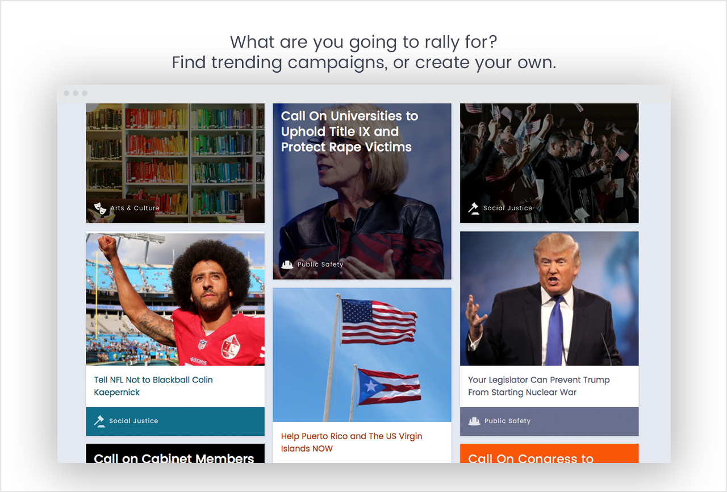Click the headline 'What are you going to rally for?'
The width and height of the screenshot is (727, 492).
coord(363,42)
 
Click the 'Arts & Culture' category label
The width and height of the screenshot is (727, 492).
coord(135,208)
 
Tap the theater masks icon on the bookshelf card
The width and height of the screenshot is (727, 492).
coord(100,209)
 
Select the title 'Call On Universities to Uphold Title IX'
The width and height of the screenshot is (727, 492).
coord(349,131)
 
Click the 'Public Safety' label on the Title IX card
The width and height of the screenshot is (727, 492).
coord(320,264)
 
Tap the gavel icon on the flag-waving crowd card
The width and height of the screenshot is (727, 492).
coord(474,208)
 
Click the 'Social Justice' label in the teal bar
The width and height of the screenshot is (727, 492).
coord(133,421)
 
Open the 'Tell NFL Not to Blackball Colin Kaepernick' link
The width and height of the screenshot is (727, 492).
coord(153,386)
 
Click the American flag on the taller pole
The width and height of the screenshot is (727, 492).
coord(378,322)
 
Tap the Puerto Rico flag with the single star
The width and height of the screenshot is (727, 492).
coord(388,387)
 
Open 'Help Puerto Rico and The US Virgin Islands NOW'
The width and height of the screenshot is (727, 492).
coord(352,442)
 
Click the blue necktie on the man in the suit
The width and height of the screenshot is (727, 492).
coord(554,330)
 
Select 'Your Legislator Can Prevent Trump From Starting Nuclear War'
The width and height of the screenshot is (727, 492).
coord(538,386)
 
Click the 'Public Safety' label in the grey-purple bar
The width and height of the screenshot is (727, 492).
coord(507,421)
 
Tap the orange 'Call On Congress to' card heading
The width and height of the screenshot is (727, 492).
coord(530,458)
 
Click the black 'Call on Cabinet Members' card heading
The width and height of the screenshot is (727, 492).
coord(174,457)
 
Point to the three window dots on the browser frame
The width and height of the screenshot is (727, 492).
coord(76,93)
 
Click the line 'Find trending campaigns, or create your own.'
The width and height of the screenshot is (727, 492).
coord(363,62)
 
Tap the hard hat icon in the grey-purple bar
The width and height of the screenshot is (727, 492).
coord(474,421)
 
